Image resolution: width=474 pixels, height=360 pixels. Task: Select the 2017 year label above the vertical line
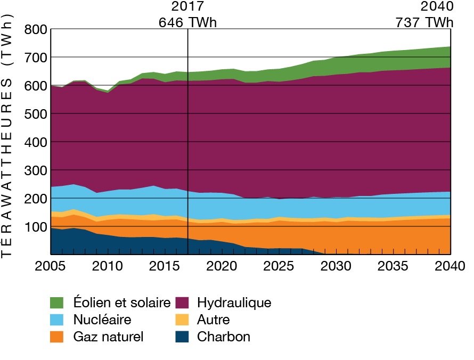pyautogui.click(x=188, y=7)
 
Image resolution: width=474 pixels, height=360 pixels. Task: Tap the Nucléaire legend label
pyautogui.click(x=102, y=320)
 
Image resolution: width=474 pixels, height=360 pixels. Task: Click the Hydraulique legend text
pyautogui.click(x=234, y=303)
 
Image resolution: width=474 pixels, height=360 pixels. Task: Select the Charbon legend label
pyautogui.click(x=223, y=337)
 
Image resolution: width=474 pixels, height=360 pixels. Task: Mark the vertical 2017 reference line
pyautogui.click(x=189, y=160)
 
